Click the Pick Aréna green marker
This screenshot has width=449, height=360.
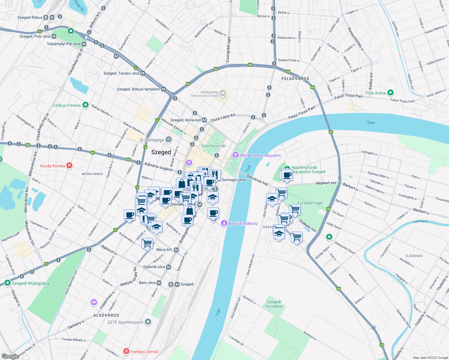[390, 93]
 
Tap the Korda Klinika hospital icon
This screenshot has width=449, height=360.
[69, 166]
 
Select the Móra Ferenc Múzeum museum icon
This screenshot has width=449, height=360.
[235, 155]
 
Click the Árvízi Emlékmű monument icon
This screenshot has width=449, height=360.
[224, 223]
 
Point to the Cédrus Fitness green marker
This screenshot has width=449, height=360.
[86, 105]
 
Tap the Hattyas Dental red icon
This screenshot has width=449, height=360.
[127, 351]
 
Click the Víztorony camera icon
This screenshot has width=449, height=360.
[222, 93]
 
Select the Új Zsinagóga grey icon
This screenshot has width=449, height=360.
[169, 139]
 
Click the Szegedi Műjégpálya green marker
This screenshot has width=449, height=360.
[7, 283]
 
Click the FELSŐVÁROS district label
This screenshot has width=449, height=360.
[295, 79]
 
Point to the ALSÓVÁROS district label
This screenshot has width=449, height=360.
[106, 315]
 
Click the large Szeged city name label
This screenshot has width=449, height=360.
[161, 152]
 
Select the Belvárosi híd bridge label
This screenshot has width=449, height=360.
[257, 179]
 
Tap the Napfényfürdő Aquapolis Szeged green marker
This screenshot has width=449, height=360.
[287, 169]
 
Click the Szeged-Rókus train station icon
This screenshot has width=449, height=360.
[46, 17]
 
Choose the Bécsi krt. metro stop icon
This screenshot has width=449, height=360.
[176, 250]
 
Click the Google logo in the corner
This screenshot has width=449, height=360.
[10, 356]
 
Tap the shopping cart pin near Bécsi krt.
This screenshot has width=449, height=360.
[147, 243]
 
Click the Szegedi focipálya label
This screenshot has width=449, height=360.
[274, 304]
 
